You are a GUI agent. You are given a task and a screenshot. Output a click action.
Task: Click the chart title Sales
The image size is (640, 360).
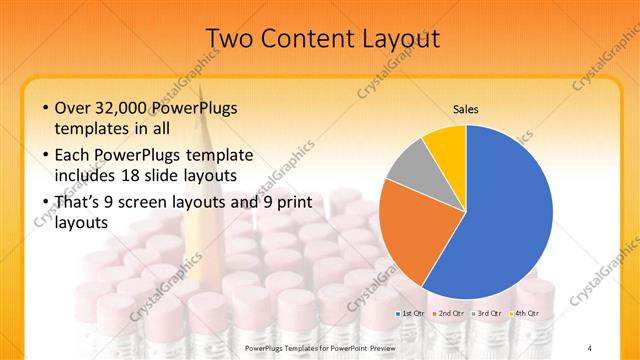[x=466, y=108]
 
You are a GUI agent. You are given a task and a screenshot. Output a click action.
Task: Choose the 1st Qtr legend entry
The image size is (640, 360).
[x=412, y=313]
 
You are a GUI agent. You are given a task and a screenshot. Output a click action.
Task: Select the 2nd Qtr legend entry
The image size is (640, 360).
[x=449, y=313]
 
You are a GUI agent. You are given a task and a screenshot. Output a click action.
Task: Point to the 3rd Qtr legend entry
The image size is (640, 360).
[x=487, y=313]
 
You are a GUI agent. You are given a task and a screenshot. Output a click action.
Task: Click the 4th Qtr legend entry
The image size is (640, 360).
[x=524, y=313]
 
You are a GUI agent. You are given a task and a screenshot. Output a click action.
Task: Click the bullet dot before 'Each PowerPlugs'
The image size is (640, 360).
[x=46, y=155]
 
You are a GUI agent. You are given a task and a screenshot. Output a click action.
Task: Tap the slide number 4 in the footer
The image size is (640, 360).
[x=591, y=346]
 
